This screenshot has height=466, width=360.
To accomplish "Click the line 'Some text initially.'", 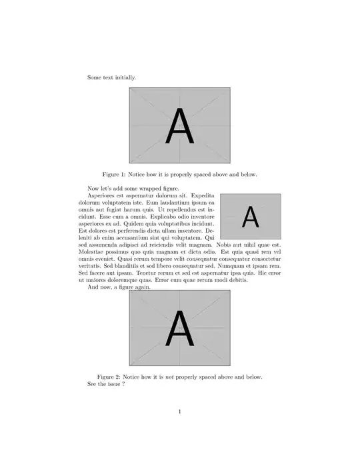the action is pos(111,77).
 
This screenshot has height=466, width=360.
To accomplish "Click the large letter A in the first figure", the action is pos(180,126).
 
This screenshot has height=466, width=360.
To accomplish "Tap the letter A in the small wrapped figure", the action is pos(250,217).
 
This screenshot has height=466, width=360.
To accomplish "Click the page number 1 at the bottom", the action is pos(180,411).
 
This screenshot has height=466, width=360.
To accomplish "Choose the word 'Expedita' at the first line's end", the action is pos(203,195).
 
